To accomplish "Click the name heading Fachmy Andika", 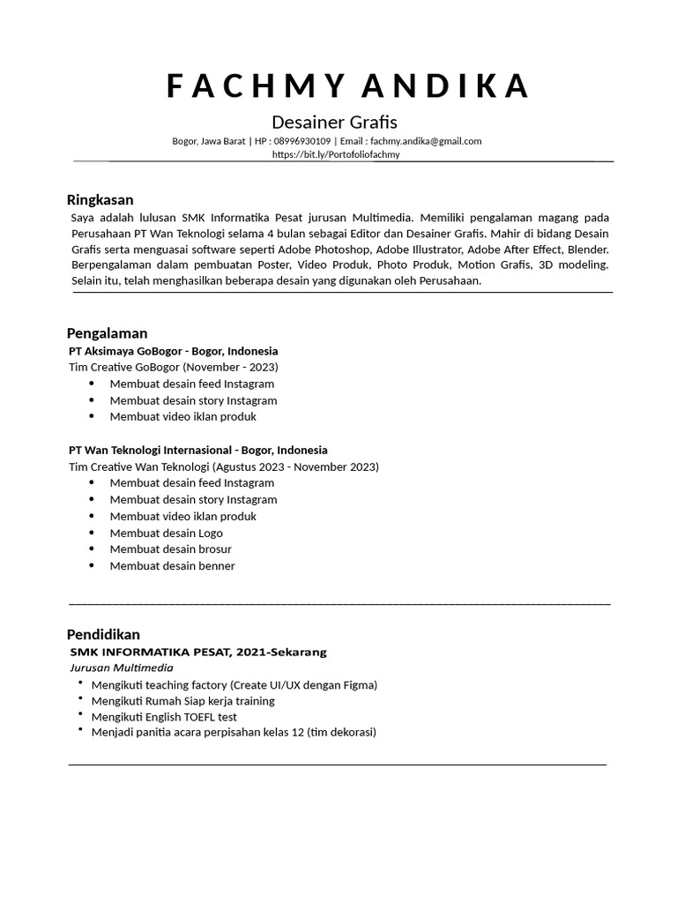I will [347, 86].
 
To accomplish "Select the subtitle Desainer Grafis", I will [334, 122].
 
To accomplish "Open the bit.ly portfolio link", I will [336, 154].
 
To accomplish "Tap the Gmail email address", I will [426, 141].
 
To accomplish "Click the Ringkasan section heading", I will [100, 199].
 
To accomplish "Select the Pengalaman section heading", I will [107, 332].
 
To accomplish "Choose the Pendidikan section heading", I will [103, 634].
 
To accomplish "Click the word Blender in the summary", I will [587, 249].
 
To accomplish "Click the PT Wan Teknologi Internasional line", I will [197, 450].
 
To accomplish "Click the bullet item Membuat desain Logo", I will [166, 533].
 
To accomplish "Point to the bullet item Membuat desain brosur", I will [171, 549].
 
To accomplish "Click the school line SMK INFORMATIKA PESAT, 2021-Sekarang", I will [198, 652].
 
